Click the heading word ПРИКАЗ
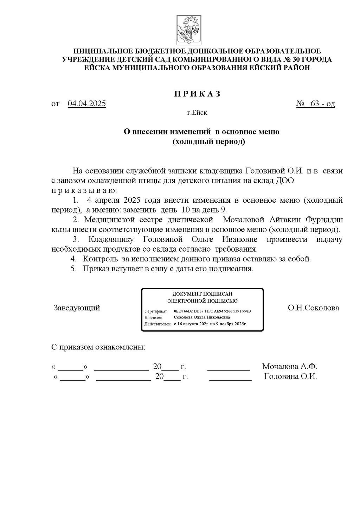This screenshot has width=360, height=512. tap(197, 94)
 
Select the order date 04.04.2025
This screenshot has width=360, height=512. tap(87, 104)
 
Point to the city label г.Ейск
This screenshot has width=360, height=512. tap(197, 113)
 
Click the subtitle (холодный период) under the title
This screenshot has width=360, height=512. tap(208, 142)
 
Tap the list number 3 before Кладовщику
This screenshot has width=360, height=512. tap(75, 240)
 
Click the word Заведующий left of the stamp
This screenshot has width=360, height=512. tap(77, 308)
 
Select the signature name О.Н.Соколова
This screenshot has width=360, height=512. tap(313, 308)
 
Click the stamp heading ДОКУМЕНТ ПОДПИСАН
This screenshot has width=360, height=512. tap(202, 293)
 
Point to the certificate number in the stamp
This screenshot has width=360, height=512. tap(212, 312)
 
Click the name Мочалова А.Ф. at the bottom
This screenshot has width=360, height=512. tap(290, 367)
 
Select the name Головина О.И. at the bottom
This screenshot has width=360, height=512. tap(290, 377)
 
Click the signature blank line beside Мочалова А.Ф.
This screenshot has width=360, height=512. tap(229, 369)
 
